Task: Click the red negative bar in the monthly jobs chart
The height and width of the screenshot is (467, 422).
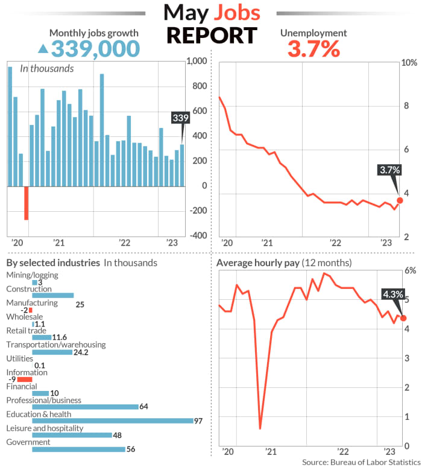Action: pos(27,203)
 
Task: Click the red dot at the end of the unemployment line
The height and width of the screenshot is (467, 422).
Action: pos(399,200)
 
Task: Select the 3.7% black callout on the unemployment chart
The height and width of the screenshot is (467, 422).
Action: pos(389,170)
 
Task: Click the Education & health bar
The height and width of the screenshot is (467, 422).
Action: pos(112,421)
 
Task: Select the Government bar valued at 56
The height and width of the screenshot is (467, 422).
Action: pos(78,449)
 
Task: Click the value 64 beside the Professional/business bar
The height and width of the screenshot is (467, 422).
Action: pos(143,407)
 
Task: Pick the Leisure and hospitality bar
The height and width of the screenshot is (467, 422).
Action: pos(72,435)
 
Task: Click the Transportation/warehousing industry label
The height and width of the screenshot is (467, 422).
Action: pos(55,345)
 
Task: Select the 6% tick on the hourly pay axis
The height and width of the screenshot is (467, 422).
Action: pos(409,270)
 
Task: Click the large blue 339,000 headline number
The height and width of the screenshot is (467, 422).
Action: pos(96,48)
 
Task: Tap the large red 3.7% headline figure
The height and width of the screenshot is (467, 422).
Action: pos(313,49)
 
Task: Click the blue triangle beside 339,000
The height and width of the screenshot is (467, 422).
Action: pos(43,48)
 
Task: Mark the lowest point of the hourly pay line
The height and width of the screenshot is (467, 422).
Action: pos(260,428)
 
